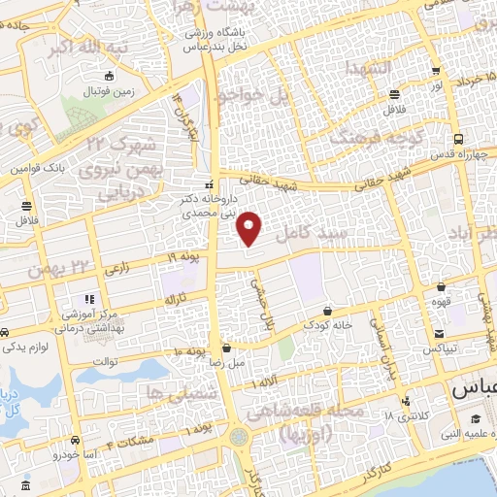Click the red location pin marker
coord(250,228)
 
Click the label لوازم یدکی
coord(36,346)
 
